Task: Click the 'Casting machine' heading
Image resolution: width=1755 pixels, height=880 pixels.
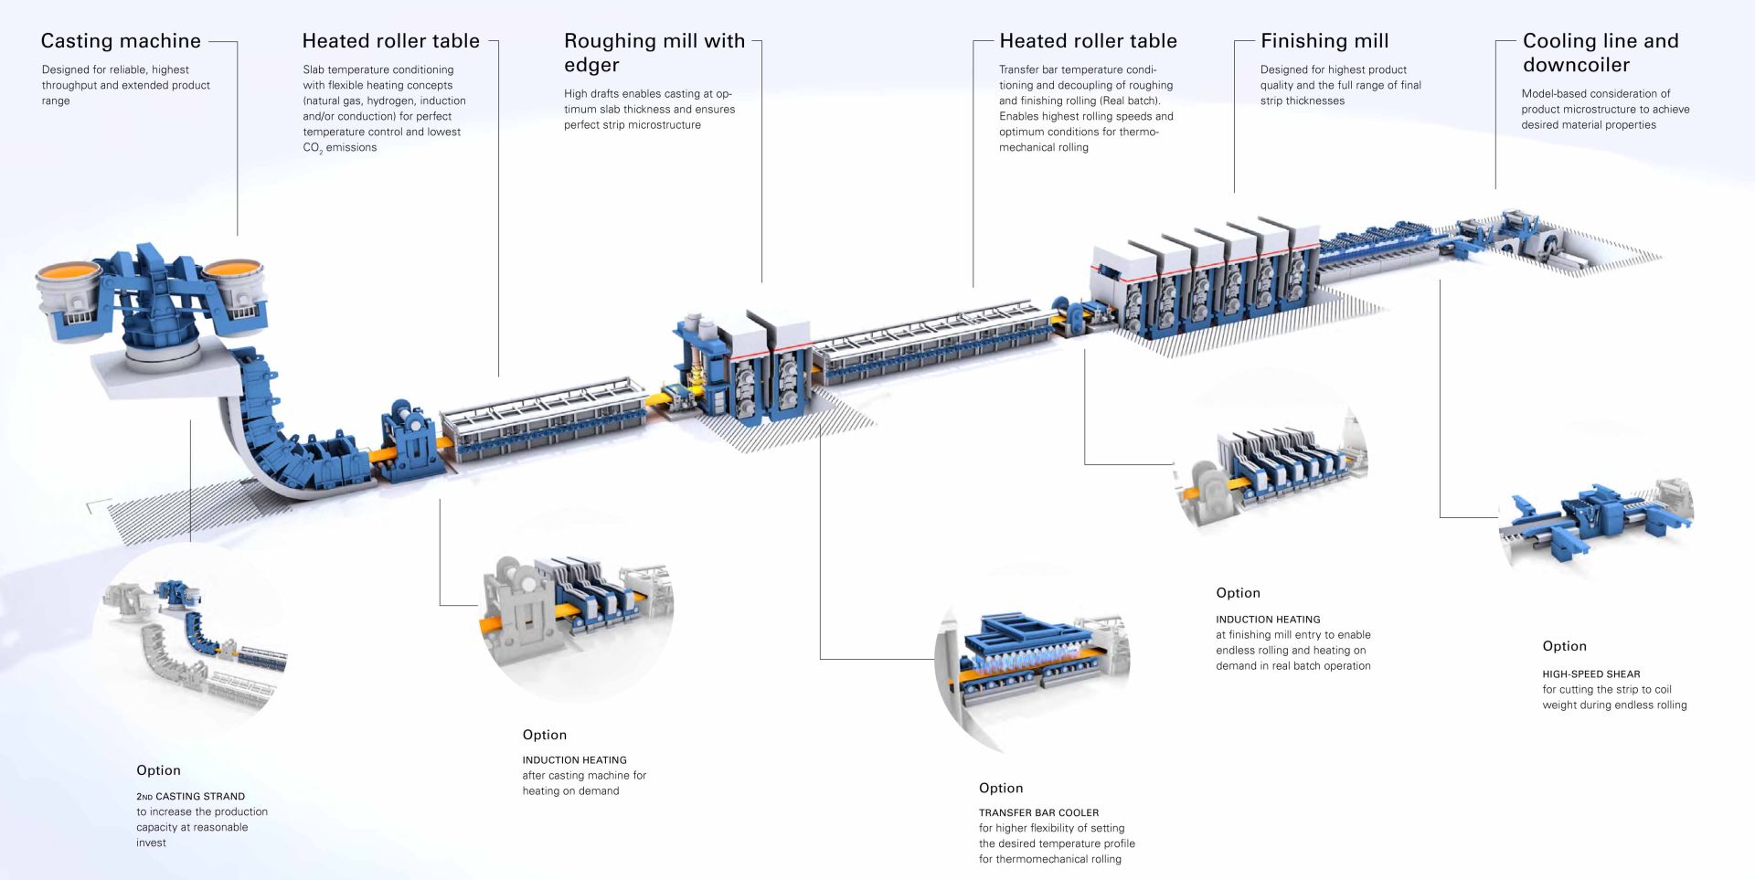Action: [121, 41]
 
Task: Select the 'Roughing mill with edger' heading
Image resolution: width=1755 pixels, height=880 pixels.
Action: [654, 53]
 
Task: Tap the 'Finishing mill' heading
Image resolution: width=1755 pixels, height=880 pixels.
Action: [1324, 41]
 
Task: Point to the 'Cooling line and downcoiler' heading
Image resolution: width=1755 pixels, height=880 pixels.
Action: [1601, 53]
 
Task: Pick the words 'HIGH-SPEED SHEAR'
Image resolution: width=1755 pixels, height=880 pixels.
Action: [1590, 674]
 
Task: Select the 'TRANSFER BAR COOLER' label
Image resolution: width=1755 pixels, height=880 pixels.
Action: [1038, 812]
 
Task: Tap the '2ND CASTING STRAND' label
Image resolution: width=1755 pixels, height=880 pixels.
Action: [190, 796]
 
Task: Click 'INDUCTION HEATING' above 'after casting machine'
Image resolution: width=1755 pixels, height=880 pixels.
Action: [574, 759]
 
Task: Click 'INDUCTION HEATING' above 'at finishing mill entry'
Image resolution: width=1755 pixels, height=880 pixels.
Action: [1268, 620]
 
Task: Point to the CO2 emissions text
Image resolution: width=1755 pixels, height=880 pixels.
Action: [339, 148]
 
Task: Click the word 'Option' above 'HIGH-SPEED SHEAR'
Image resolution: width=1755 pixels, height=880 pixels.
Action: [1564, 646]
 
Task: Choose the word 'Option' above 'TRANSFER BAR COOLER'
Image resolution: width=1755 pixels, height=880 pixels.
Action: [1001, 788]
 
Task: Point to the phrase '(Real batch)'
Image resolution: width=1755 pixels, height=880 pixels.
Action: [1131, 101]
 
